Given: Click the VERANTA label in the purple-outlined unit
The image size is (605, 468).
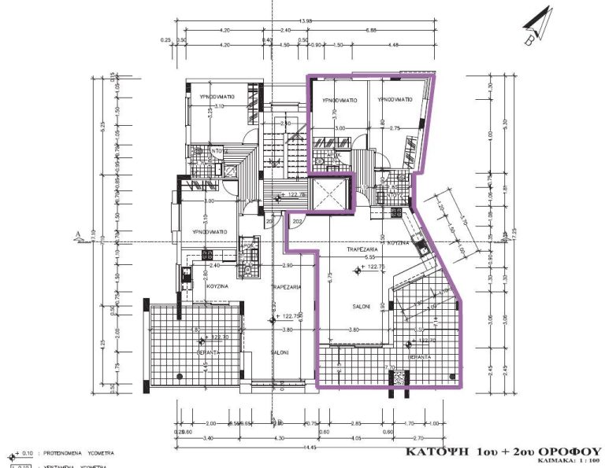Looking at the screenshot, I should [418, 356].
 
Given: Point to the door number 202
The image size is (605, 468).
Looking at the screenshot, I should [298, 222].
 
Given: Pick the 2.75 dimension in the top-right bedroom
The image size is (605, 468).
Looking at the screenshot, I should [395, 127].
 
